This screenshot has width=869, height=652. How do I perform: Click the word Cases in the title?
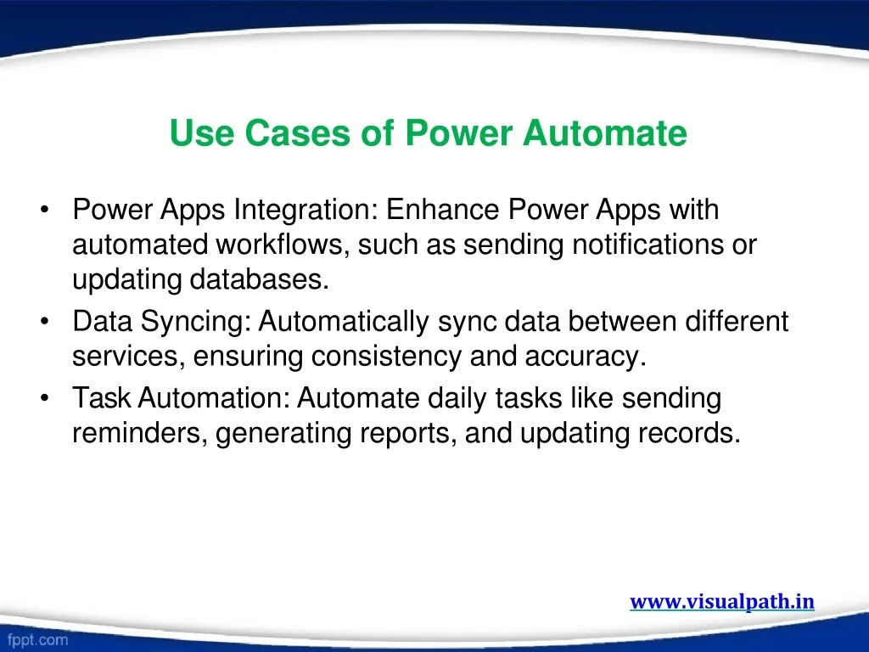click(298, 133)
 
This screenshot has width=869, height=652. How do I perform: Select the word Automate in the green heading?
click(604, 133)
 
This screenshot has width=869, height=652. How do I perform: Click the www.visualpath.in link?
click(722, 602)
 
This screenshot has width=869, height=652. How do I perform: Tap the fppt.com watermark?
click(37, 640)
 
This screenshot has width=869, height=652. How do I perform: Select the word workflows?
click(283, 244)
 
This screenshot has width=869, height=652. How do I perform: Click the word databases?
click(260, 278)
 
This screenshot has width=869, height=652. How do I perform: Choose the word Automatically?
click(344, 322)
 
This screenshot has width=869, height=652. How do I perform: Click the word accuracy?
click(586, 357)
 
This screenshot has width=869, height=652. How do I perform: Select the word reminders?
click(140, 433)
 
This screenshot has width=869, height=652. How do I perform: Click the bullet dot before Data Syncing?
click(45, 322)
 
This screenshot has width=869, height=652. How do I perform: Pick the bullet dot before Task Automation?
click(45, 398)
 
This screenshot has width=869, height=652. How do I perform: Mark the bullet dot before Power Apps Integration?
click(45, 210)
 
